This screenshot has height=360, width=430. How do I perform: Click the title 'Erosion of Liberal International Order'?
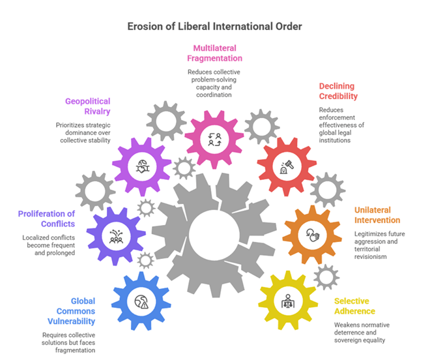[215, 27]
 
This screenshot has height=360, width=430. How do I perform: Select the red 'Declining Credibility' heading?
[338, 91]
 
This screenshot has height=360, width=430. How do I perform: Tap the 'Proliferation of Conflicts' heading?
[47, 219]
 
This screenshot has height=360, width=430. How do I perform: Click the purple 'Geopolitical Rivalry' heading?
[87, 106]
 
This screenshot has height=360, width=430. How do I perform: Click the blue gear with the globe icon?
[142, 301]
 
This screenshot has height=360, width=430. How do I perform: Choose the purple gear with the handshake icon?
[142, 167]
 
